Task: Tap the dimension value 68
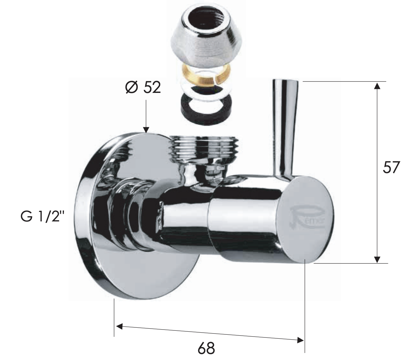point(206,348)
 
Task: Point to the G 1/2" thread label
point(43,217)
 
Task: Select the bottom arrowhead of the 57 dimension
point(377,259)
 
